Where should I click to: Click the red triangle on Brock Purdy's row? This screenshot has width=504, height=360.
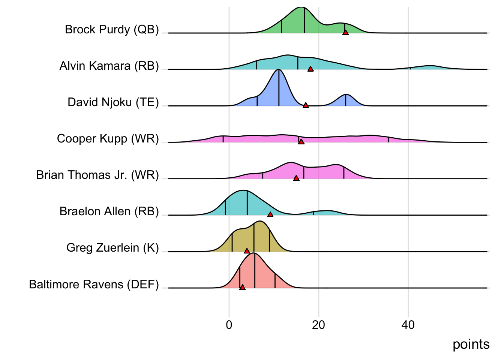345,33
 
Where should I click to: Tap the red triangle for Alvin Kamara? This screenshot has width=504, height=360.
310,69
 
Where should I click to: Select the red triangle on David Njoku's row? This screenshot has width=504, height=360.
306,105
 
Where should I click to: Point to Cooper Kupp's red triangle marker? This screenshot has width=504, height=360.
301,141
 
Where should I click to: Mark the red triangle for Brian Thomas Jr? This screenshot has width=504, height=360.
296,178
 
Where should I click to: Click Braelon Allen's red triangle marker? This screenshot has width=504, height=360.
270,214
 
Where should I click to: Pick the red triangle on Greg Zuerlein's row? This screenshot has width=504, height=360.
247,250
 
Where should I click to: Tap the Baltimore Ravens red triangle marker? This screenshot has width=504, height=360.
242,287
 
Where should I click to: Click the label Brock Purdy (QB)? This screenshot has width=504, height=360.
112,29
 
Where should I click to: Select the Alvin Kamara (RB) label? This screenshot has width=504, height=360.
109,66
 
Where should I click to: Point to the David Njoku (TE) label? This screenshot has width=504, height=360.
113,102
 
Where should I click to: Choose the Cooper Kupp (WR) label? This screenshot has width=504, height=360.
108,138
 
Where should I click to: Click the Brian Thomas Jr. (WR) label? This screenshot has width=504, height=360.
97,175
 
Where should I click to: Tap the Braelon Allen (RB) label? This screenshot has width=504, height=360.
109,211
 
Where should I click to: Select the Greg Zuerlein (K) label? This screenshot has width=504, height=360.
112,247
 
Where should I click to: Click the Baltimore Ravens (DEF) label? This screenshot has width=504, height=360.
94,284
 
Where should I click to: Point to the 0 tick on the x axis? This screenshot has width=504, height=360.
229,325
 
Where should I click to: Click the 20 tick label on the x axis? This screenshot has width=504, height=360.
318,325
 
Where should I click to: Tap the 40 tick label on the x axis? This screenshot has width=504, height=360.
408,325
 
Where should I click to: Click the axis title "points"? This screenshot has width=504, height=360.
471,344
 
